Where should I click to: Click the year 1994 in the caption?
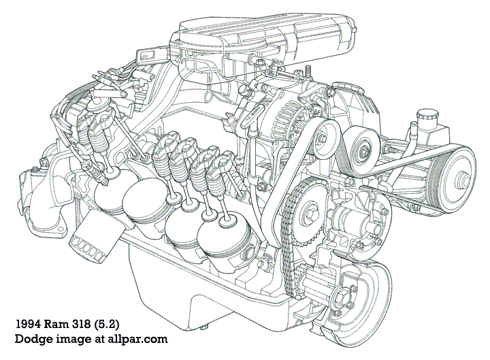29,323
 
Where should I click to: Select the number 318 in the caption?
93,323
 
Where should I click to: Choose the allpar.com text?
134,338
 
